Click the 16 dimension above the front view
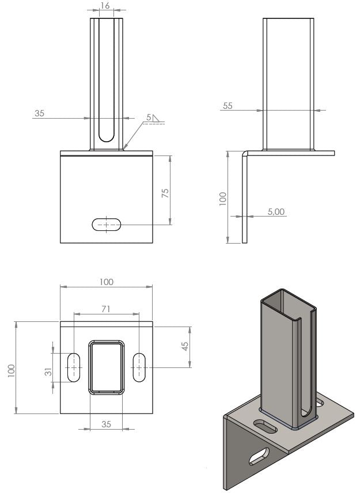pos(105,5)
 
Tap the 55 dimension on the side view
pos(228,106)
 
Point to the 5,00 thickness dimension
pos(276,212)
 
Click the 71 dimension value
pos(105,309)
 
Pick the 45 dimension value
pos(185,346)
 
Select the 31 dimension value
pos(48,372)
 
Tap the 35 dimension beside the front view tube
pos(39,113)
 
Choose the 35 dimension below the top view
pos(106,424)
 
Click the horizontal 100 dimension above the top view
pos(106,282)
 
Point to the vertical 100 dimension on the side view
pos(223,198)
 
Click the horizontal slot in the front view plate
pos(107,224)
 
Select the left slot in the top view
pos(74,366)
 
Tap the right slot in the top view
pos(139,366)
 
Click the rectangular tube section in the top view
pos(106,366)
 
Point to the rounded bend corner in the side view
pos(245,154)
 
